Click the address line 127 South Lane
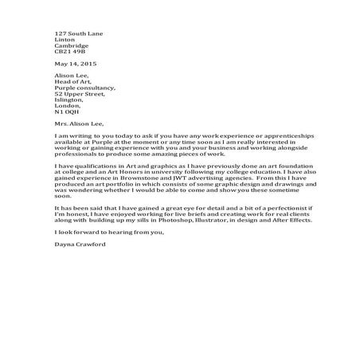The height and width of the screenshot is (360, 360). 79,33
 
